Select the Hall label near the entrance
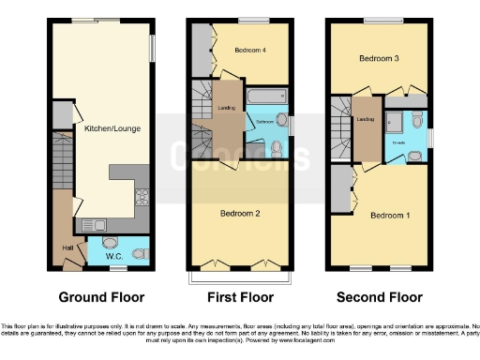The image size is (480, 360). coord(67,247)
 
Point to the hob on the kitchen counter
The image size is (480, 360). coord(142,198)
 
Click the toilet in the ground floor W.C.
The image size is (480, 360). coord(138,251)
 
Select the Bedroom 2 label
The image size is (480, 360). coord(239,213)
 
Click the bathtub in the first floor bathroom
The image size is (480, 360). coord(266,97)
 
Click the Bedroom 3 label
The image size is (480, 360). coord(379,58)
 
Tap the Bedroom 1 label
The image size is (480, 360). coord(389,215)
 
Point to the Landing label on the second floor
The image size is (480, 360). coord(366,118)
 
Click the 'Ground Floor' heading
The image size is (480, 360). coord(102,297)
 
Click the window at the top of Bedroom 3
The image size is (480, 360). coord(378,20)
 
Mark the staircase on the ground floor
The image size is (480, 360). coord(64,159)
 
